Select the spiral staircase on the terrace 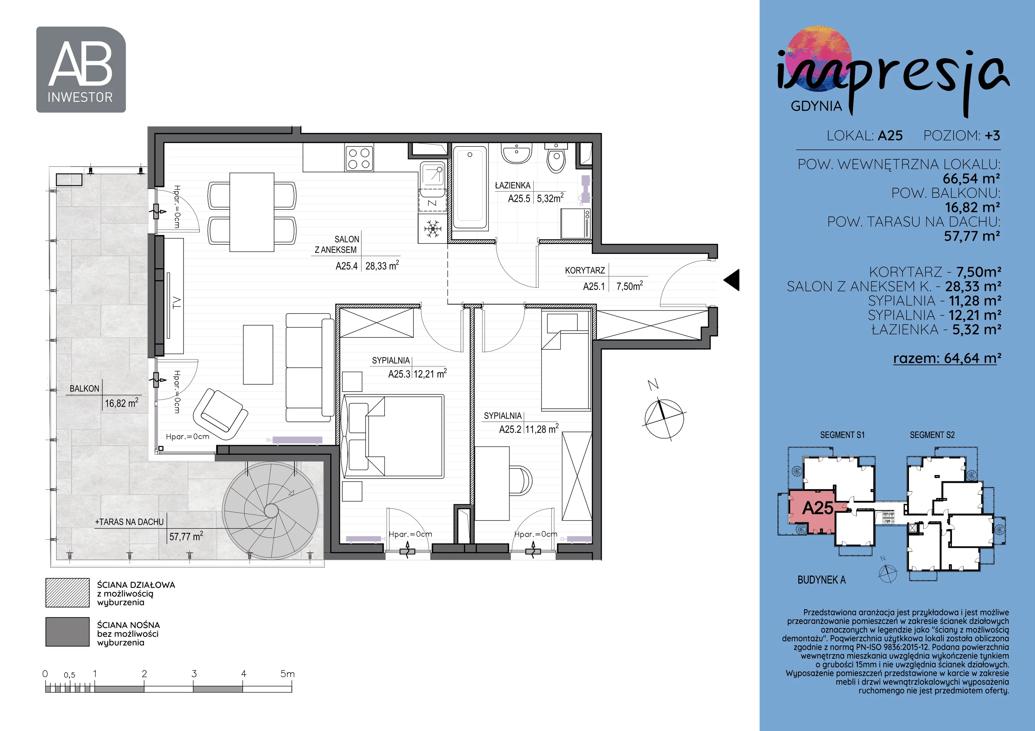click(x=271, y=511)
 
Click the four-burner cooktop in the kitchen click(x=359, y=158)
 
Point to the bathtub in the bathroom click(x=470, y=186)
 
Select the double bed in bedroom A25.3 click(x=393, y=436)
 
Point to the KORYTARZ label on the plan click(x=585, y=270)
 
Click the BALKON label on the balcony click(x=84, y=388)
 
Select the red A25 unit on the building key click(x=812, y=511)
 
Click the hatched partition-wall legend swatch click(x=68, y=593)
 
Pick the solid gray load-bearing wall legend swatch click(x=68, y=632)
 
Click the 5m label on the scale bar click(x=287, y=674)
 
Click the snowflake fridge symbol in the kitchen click(x=433, y=228)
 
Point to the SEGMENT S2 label click(x=932, y=435)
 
